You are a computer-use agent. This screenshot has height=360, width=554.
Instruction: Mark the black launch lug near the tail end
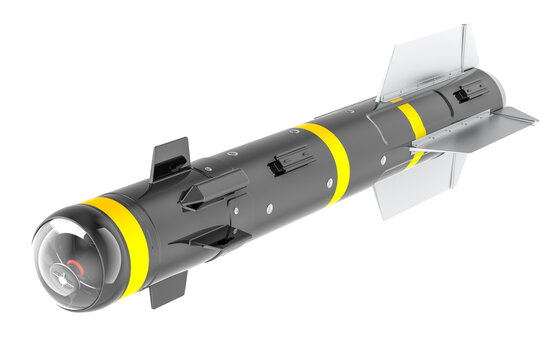pyautogui.click(x=470, y=92)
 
